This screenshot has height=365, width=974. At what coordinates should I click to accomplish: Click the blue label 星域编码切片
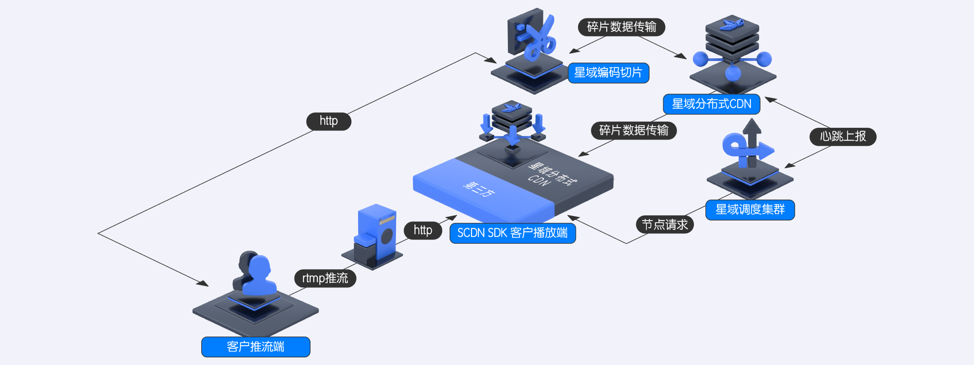[x=608, y=73]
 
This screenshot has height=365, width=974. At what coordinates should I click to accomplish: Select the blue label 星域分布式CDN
[x=711, y=104]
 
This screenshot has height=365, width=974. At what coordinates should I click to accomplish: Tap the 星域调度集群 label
[x=750, y=209]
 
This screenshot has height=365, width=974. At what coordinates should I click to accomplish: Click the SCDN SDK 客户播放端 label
[x=512, y=233]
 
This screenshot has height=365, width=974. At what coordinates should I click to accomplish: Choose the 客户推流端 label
[x=256, y=347]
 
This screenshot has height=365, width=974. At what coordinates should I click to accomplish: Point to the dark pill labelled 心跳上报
[x=843, y=136]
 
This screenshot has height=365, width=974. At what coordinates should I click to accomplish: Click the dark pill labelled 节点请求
[x=665, y=225]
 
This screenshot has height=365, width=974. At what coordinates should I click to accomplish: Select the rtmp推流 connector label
[x=325, y=278]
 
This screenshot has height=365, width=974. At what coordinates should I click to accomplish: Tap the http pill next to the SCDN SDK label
[x=423, y=230]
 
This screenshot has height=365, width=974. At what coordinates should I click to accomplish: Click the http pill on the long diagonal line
[x=329, y=121]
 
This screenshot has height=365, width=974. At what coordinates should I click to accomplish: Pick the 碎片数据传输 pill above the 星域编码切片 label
[x=621, y=27]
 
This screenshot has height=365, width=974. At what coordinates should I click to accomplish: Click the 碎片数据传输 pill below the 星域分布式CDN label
[x=633, y=130]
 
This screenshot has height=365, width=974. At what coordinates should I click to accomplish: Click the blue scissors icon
[x=540, y=38]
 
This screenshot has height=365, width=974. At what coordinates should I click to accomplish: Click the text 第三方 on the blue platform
[x=479, y=189]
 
